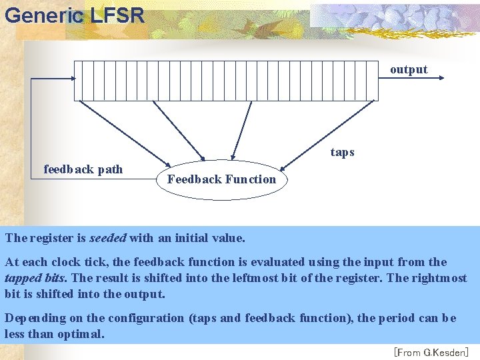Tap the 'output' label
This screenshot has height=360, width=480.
[x=409, y=69]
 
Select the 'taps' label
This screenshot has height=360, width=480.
[x=343, y=152]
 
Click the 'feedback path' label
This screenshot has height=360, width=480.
[x=83, y=169]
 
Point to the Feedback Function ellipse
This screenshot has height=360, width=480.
[x=221, y=179]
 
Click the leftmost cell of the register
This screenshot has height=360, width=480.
[x=78, y=80]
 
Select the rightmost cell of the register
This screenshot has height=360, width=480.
[x=374, y=80]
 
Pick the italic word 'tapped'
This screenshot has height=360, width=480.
[x=21, y=278]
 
